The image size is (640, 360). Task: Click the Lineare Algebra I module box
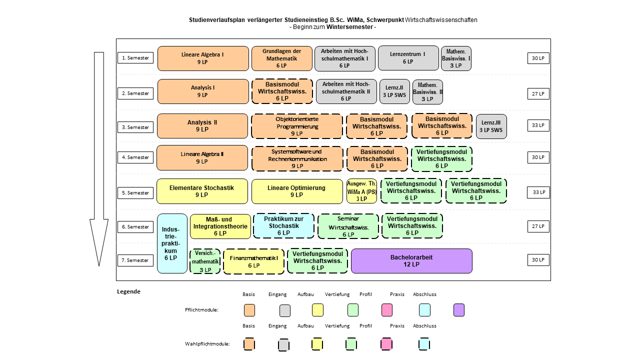click(x=203, y=58)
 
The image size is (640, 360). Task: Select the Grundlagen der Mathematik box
click(x=281, y=58)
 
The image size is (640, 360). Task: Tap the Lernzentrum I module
click(x=408, y=58)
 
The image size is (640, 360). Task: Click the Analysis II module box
click(x=202, y=126)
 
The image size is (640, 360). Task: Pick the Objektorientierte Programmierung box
click(x=297, y=126)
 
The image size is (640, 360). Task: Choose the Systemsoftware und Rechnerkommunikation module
click(x=297, y=159)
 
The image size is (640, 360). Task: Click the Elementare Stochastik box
click(x=202, y=191)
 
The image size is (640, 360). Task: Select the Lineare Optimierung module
click(x=297, y=191)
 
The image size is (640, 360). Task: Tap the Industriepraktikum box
click(x=172, y=243)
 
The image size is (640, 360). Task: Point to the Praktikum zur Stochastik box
click(x=283, y=225)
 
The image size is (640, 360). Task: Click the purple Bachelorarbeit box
click(x=411, y=261)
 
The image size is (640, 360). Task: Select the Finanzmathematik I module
click(x=253, y=261)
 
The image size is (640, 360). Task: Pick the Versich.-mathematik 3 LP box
click(x=205, y=261)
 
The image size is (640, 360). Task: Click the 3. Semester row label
click(x=135, y=127)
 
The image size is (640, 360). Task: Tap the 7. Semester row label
click(x=135, y=260)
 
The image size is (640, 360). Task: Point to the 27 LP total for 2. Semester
click(x=538, y=93)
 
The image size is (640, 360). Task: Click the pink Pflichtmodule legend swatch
click(x=387, y=310)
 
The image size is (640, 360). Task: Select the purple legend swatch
click(x=459, y=310)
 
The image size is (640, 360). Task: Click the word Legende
click(x=128, y=291)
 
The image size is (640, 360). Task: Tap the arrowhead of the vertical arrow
click(x=99, y=265)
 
